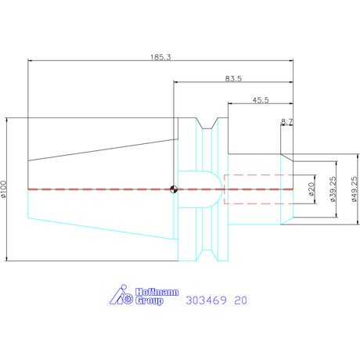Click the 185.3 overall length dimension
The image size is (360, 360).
[x=160, y=57]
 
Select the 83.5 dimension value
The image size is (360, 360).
[x=233, y=78]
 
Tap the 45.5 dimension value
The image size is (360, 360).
[x=261, y=100]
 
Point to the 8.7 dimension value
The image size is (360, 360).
[x=287, y=121]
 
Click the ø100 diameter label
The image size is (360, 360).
[x=3, y=189]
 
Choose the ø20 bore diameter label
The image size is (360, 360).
[x=311, y=189]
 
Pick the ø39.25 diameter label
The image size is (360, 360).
[x=333, y=189]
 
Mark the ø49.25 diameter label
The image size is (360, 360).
[x=355, y=189]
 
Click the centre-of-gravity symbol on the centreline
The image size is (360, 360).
[x=174, y=189]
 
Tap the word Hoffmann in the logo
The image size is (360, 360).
[x=157, y=292]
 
